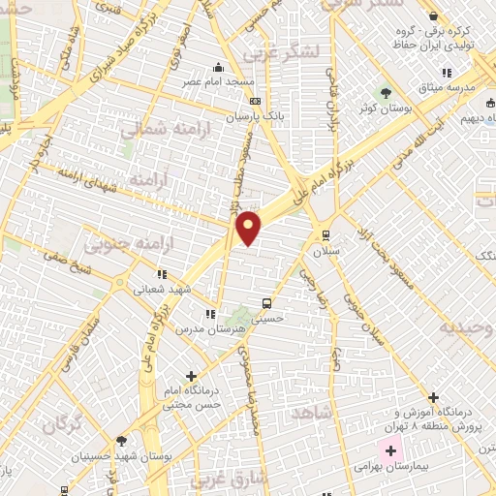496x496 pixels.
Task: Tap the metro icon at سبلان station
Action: click(325, 233)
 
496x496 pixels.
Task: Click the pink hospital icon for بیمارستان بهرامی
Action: click(392, 449)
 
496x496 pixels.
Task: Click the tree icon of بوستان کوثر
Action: click(386, 94)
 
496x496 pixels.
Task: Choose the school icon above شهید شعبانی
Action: click(162, 274)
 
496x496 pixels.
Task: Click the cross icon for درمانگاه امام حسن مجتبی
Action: click(191, 375)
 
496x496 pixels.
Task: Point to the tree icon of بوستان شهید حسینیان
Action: click(120, 440)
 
